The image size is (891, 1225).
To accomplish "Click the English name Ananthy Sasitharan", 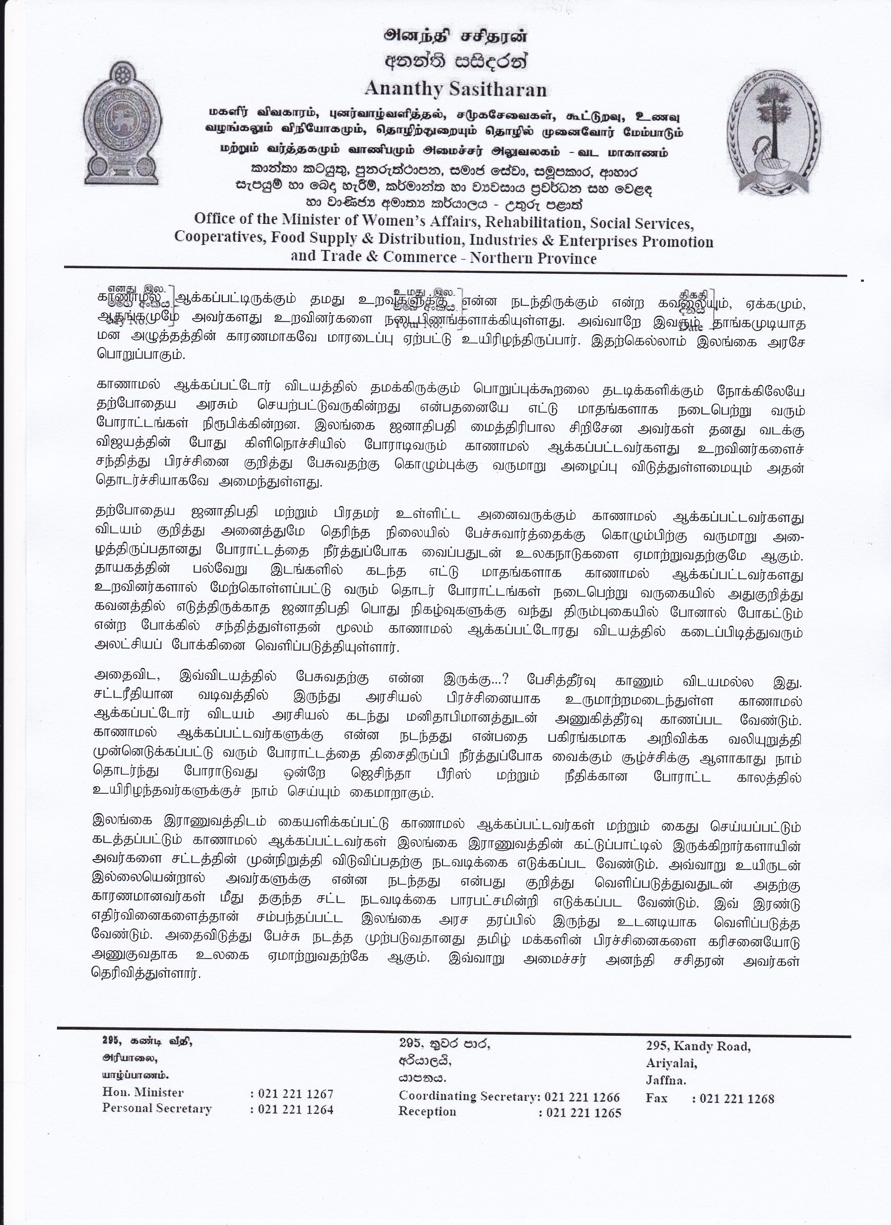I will point(455,89).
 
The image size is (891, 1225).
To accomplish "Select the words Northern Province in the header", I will point(533,258).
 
